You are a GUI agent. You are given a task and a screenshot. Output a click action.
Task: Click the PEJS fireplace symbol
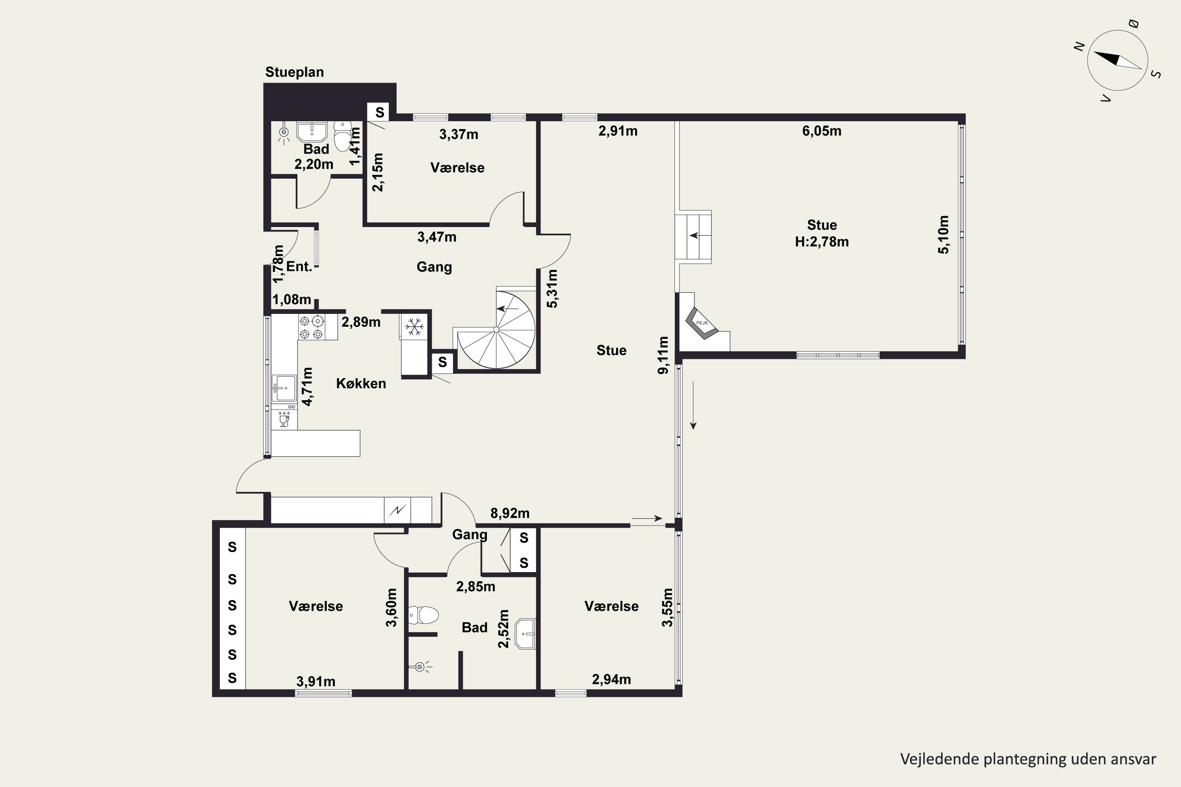pos(702,323)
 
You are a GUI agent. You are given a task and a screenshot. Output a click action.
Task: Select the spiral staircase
pos(496,329)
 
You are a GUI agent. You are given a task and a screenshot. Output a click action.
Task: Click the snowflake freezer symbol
pos(414,327)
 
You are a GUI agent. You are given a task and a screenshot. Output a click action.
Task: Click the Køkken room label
pos(361,383)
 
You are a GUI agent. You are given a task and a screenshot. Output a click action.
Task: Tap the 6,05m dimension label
pos(822,131)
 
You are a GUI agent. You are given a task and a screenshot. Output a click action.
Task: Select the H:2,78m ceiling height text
pos(822,242)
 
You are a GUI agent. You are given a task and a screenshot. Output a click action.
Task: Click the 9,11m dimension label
pos(663,355)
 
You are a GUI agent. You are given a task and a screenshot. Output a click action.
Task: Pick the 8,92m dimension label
pos(510,513)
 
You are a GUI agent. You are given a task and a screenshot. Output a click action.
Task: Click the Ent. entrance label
pos(299,266)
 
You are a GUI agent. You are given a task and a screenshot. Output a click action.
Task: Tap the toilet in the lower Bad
pos(423,615)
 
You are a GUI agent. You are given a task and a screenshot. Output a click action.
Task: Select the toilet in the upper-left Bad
pos(342,136)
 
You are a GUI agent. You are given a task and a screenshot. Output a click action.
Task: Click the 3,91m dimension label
pos(316,682)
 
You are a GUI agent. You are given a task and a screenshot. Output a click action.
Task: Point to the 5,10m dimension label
pos(944,235)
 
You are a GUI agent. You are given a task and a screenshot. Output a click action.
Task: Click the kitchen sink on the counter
pos(284,388)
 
